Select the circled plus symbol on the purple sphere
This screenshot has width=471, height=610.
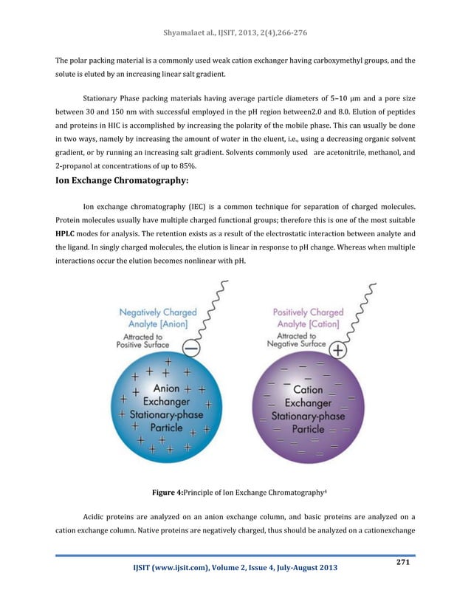coord(338,351)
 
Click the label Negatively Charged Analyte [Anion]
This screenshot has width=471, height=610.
coord(158,318)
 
